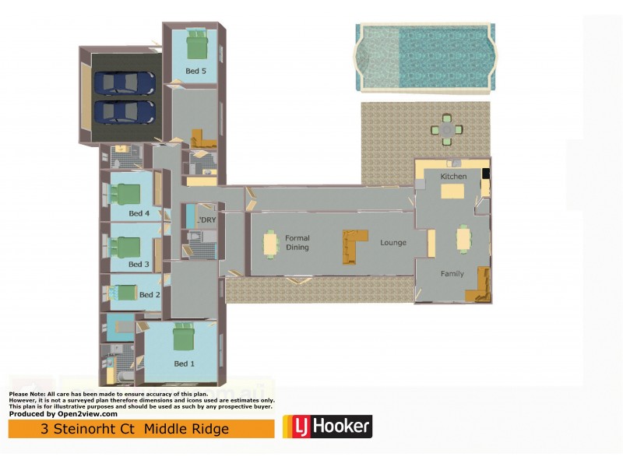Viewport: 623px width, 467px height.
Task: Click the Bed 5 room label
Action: tap(195, 71)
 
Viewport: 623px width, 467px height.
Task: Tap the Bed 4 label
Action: tap(139, 213)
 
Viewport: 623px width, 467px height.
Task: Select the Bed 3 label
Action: tap(139, 265)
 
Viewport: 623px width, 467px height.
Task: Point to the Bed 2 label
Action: tap(150, 295)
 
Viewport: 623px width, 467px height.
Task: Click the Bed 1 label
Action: tap(185, 363)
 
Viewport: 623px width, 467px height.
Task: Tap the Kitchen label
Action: tap(453, 177)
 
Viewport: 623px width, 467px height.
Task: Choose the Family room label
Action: tap(452, 274)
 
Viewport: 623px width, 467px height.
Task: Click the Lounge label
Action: tap(393, 243)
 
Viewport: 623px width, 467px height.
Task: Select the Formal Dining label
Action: tap(297, 243)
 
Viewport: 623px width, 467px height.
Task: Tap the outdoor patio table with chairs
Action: tap(447, 130)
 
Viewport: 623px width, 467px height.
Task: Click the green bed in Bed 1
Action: tap(184, 337)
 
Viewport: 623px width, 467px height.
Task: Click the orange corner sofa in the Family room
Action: tap(478, 286)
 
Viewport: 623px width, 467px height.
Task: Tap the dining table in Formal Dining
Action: tap(270, 244)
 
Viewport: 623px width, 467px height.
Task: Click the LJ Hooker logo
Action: tap(327, 427)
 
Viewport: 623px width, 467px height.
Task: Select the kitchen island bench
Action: tap(453, 190)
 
